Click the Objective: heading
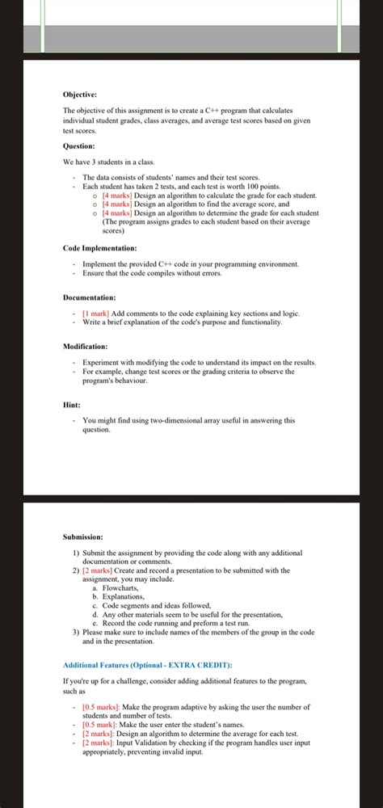80,95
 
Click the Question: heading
79,146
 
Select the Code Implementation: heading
99,247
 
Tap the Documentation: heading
89,297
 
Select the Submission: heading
84,537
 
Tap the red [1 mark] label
96,313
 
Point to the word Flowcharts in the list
120,587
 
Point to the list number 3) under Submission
76,633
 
